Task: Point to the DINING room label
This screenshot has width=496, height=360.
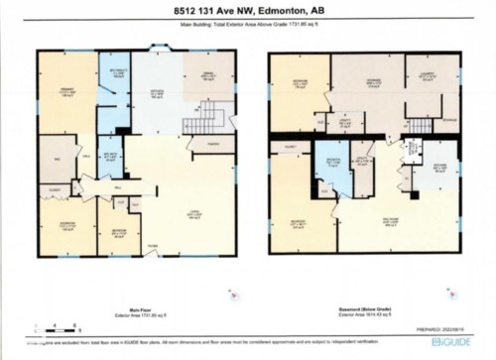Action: coord(210,75)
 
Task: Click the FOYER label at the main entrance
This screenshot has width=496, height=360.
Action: coord(152,246)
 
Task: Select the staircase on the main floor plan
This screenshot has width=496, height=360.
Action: coord(196,126)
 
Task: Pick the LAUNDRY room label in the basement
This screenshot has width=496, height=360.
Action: coord(432,73)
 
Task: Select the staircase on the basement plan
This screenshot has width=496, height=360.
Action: coord(421,126)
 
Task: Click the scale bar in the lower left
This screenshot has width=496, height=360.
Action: coord(49,324)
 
